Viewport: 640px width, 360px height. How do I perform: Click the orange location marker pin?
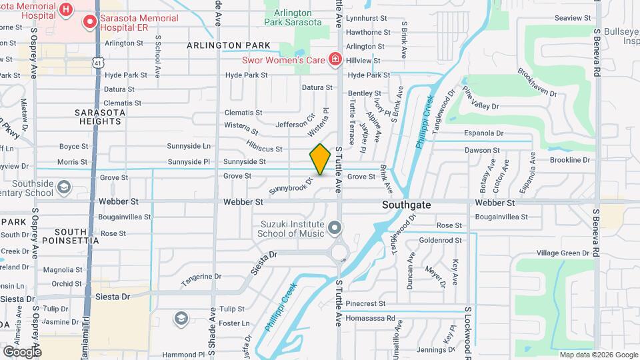coord(321,159)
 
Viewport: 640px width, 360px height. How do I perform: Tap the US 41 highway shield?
coord(98,63)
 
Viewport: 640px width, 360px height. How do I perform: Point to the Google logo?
coord(22,351)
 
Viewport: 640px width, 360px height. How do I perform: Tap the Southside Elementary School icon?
coord(64,186)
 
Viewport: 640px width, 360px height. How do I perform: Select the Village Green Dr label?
coord(563,253)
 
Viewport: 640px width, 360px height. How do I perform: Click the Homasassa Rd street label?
coord(371,319)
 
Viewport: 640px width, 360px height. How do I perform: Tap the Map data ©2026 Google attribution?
coord(598,355)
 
